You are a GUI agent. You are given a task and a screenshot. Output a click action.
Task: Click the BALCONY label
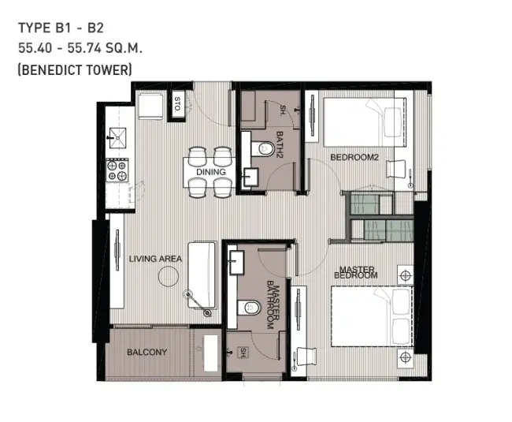(147, 352)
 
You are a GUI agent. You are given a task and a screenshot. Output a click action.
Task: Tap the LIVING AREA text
(155, 259)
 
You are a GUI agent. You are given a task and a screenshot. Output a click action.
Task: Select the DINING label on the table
(211, 172)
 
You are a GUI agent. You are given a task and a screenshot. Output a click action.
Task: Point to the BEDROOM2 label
(354, 157)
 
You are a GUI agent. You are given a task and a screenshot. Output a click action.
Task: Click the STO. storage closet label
(177, 104)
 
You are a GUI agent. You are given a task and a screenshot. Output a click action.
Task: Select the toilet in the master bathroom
(249, 308)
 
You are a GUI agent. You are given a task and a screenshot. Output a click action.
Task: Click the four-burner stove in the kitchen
(117, 170)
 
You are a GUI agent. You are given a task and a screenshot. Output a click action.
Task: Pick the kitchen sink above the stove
(117, 138)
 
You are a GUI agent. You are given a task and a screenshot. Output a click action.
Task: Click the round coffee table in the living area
(169, 277)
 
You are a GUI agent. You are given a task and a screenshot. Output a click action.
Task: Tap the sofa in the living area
(202, 275)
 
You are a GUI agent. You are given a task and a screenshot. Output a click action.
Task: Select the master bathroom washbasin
(236, 263)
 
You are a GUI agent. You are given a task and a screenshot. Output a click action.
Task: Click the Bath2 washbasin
(250, 177)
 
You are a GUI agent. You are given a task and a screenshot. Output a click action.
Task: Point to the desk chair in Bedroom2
(396, 169)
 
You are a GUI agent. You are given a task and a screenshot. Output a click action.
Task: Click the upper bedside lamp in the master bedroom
(405, 275)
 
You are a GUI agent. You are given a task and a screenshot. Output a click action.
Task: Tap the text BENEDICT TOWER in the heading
(75, 70)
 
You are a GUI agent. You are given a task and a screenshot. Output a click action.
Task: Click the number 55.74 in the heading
(84, 48)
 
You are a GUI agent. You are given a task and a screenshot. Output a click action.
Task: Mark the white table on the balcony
(210, 353)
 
